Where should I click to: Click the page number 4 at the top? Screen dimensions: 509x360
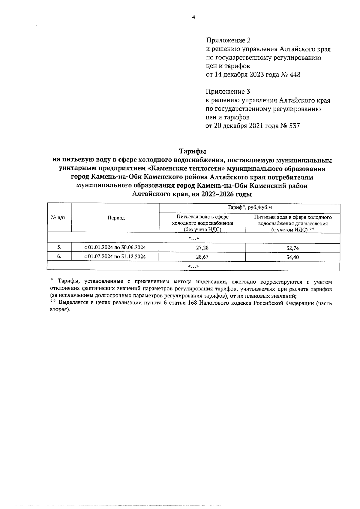pyautogui.click(x=193, y=17)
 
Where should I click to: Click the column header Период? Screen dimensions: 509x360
pyautogui.click(x=116, y=218)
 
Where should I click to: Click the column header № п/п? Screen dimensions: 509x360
pyautogui.click(x=59, y=218)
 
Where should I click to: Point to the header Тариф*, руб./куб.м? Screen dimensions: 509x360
pyautogui.click(x=249, y=208)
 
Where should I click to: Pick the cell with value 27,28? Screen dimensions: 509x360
pyautogui.click(x=202, y=248)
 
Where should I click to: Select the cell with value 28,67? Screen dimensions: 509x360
pyautogui.click(x=202, y=257)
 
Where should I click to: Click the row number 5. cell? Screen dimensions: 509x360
pyautogui.click(x=59, y=247)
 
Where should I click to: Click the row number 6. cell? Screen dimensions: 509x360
pyautogui.click(x=59, y=257)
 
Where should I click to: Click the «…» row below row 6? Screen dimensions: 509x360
pyautogui.click(x=193, y=266)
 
